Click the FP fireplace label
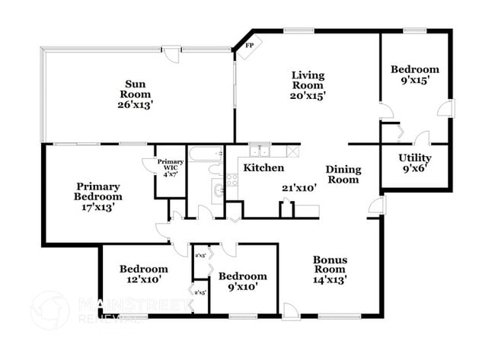pos(249,46)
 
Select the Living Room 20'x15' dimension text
pos(308,97)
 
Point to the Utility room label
pos(415,158)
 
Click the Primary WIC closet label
pos(171,166)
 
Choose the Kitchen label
pos(263,167)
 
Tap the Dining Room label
pos(343,174)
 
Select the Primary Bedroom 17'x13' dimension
pos(98,207)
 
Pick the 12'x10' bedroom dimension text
pos(143,280)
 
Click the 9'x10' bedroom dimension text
pos(243,287)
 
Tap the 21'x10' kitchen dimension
pos(299,186)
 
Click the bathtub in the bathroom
pos(205,155)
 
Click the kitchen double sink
pos(259,150)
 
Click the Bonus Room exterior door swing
pos(289,311)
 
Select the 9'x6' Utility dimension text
pos(415,169)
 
